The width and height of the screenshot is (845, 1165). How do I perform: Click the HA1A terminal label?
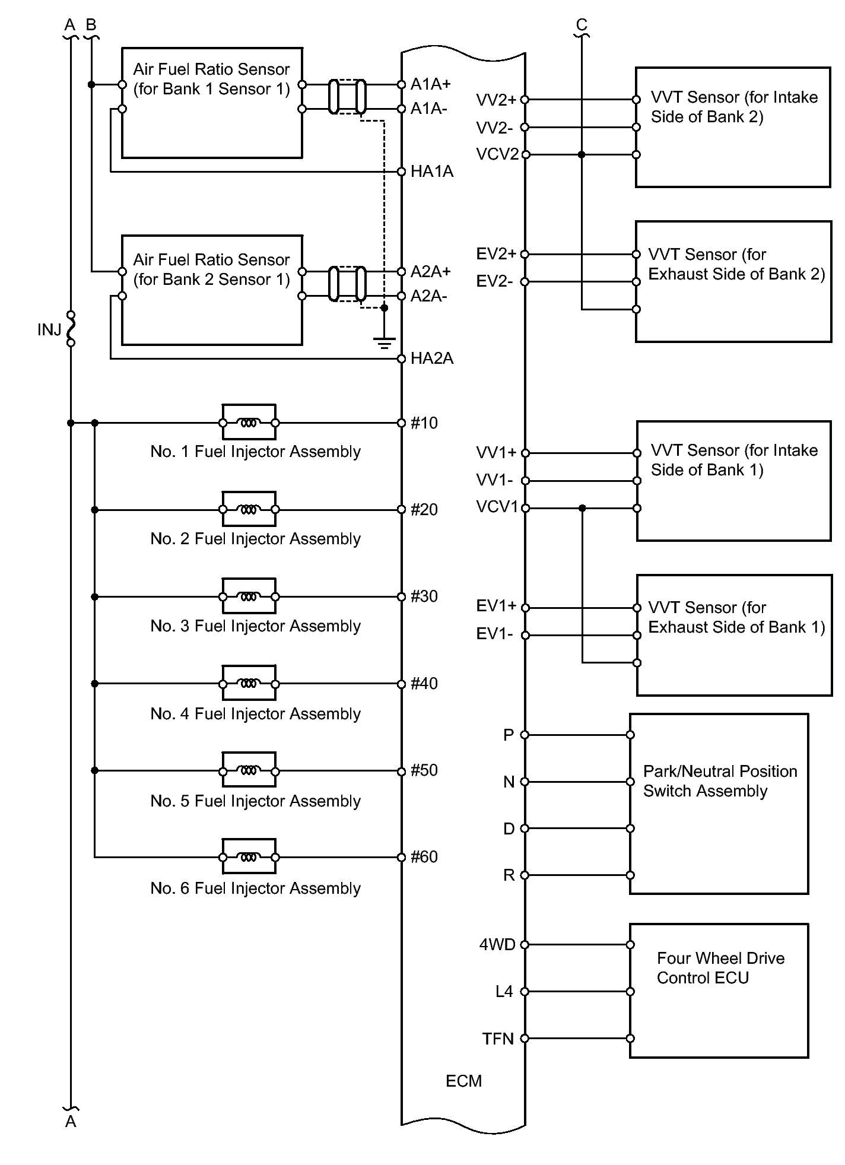click(431, 172)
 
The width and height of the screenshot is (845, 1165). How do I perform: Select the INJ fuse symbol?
click(71, 328)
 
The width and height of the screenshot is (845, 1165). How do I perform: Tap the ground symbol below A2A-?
click(384, 341)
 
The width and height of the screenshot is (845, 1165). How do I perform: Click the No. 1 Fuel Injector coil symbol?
click(249, 423)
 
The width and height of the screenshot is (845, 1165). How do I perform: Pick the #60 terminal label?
click(424, 856)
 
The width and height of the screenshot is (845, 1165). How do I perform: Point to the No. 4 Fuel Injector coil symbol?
click(249, 684)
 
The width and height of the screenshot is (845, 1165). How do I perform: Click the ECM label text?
click(463, 1081)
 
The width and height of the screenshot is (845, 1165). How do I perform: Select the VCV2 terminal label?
click(497, 154)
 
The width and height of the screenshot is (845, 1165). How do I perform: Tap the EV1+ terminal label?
click(496, 606)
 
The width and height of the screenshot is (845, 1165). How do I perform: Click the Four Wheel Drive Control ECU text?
click(720, 967)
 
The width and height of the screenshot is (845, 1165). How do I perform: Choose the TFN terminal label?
click(498, 1039)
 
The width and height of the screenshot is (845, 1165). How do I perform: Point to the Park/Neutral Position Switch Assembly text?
click(720, 781)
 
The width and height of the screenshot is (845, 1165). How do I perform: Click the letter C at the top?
click(582, 24)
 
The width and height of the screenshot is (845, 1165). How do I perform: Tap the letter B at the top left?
click(91, 24)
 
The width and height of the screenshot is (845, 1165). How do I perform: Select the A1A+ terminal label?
click(431, 84)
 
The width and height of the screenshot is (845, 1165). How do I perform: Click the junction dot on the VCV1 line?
click(582, 508)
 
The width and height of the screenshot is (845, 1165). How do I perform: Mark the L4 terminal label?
click(504, 991)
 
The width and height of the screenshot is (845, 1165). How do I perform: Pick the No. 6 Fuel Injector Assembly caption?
click(255, 888)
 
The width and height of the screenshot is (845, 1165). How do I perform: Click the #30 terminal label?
click(424, 596)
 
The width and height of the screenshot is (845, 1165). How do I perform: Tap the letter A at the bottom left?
click(71, 1121)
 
